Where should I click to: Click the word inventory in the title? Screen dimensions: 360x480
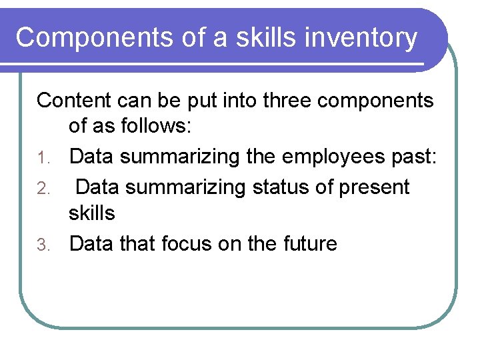(360, 38)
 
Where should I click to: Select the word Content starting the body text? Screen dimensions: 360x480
(75, 101)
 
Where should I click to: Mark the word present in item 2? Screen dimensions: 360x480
(375, 188)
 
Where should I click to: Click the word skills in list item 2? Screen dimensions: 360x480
(92, 213)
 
